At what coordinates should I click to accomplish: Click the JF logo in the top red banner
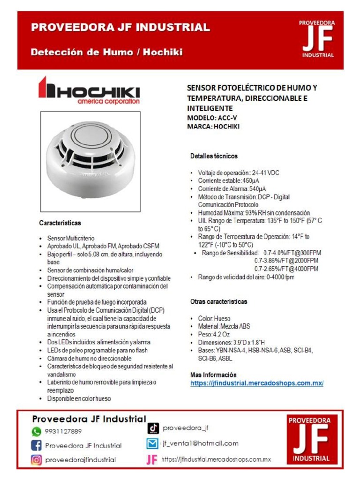pos(317,39)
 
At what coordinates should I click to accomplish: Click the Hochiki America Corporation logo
pos(89,91)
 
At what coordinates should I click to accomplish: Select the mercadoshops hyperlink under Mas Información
pos(257,383)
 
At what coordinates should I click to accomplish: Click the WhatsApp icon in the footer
pos(37,431)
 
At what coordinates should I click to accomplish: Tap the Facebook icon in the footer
pos(37,445)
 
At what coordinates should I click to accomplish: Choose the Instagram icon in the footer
pos(37,460)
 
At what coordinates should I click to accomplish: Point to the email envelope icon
pos(153,443)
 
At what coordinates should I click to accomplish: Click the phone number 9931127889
pos(63,431)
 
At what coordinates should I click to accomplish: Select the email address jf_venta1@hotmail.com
pos(200,443)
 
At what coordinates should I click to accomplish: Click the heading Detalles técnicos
pos(214,156)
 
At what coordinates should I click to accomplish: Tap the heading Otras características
pos(218,301)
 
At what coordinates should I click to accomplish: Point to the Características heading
pos(60,223)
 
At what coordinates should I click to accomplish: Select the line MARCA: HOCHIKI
pos(213,127)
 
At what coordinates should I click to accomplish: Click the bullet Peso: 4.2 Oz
pos(215,335)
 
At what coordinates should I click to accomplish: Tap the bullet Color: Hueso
pos(214,318)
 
